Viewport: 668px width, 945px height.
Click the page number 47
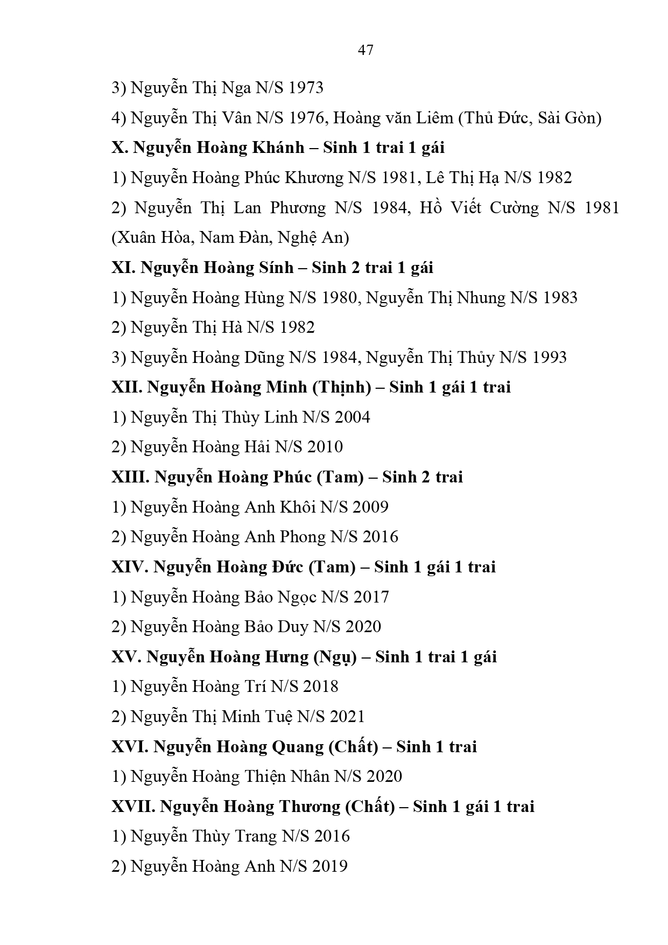(365, 51)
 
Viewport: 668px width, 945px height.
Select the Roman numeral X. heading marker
(119, 148)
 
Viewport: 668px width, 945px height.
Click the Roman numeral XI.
(124, 268)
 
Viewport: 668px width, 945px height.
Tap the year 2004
(352, 417)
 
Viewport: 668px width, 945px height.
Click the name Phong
(303, 537)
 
